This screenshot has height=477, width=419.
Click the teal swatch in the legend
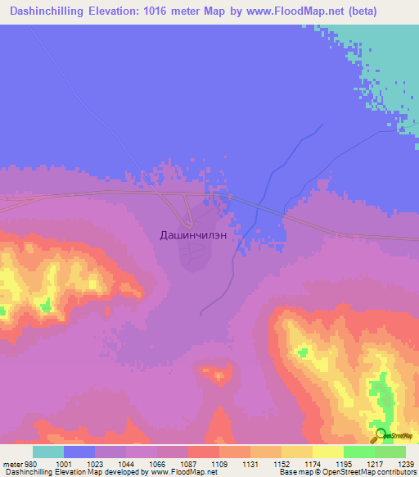click(x=48, y=451)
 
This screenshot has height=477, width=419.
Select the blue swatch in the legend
click(x=79, y=451)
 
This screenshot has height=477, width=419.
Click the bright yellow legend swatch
click(x=328, y=451)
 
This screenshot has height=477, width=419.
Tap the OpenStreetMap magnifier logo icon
click(x=380, y=434)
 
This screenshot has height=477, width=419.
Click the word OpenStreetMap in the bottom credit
click(x=365, y=472)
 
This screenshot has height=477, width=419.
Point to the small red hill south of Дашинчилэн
click(x=218, y=376)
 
